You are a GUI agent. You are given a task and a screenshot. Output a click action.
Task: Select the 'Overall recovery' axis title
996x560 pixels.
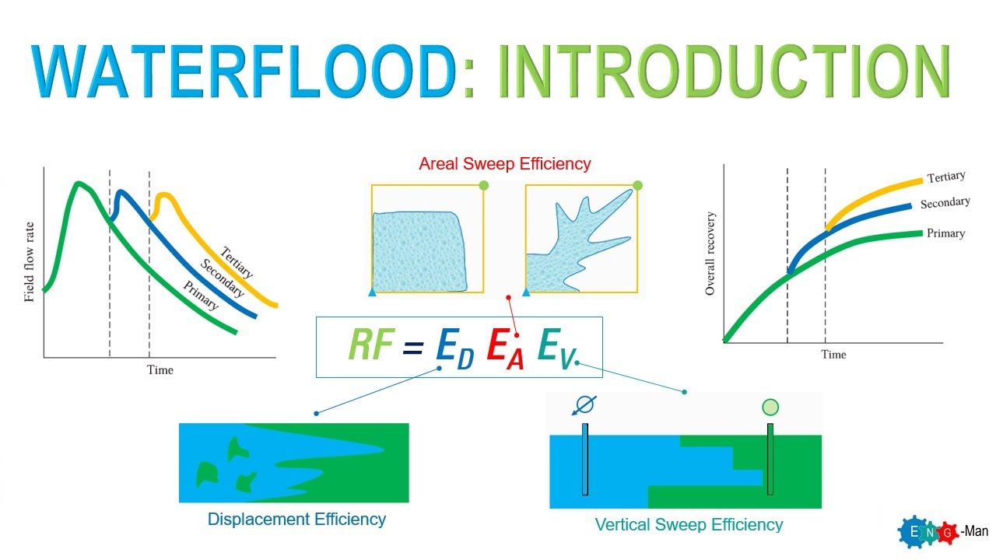[710, 254]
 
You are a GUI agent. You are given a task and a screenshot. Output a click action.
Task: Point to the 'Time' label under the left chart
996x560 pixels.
[160, 369]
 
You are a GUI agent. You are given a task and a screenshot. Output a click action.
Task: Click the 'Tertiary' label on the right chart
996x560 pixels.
[945, 178]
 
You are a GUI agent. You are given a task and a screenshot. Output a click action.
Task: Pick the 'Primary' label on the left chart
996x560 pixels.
[200, 295]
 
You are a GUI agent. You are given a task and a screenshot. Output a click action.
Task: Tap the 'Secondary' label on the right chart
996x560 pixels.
[945, 204]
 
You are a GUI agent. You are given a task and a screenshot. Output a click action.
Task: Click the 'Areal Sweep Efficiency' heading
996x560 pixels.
[504, 164]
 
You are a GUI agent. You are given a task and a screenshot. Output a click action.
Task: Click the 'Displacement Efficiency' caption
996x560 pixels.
[296, 519]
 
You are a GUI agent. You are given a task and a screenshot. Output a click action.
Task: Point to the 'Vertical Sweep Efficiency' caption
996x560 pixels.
[689, 524]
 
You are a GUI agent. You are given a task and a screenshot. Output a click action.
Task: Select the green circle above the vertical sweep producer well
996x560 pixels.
[770, 407]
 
